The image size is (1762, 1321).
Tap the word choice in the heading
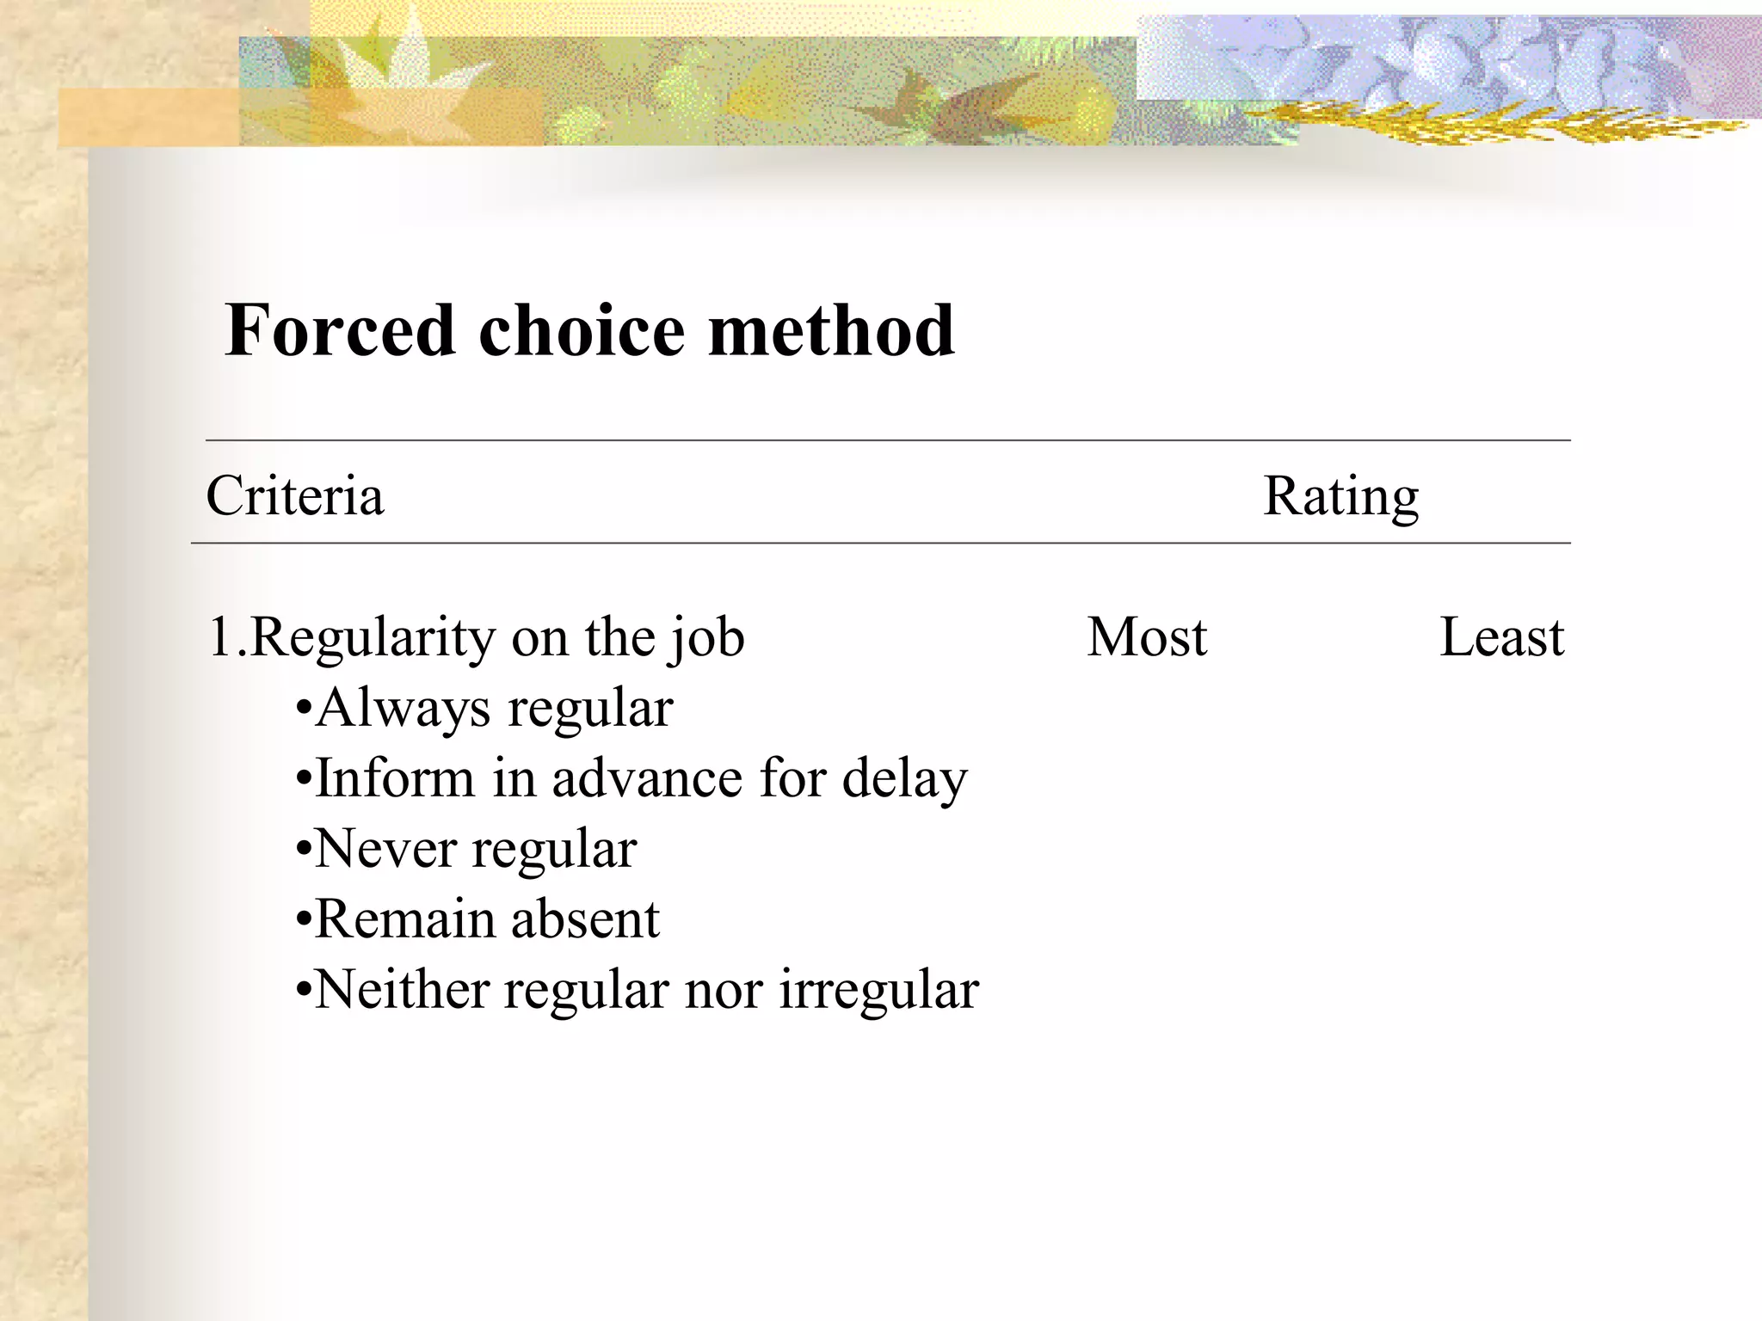coord(582,330)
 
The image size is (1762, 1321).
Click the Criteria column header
coord(295,496)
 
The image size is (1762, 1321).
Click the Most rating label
coord(1147,637)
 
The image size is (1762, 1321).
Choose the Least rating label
coord(1501,637)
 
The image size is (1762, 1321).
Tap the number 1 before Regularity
coord(221,637)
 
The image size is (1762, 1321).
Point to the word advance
coord(647,778)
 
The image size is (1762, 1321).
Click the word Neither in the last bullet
coord(403,990)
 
